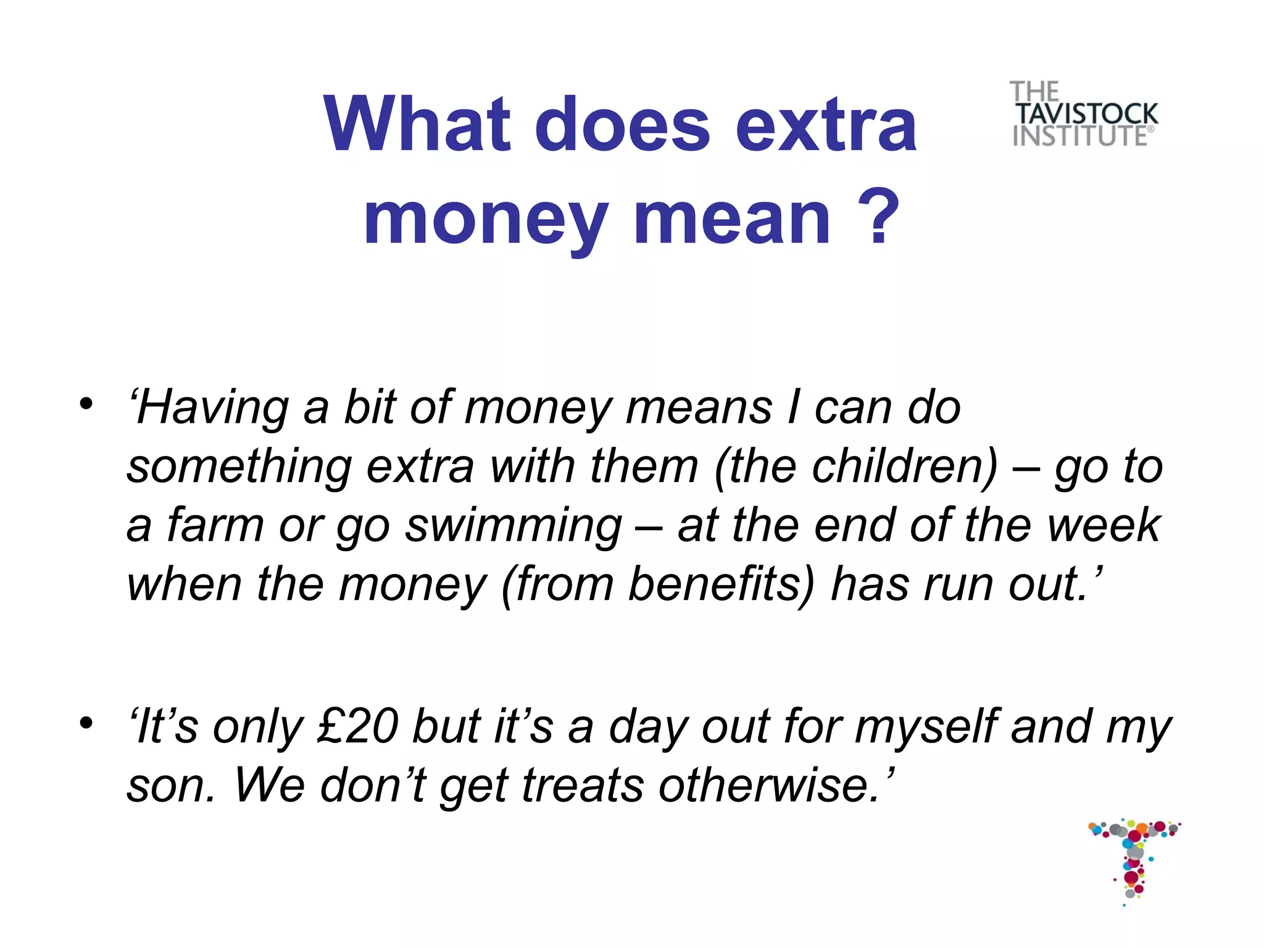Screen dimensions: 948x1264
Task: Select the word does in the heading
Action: point(622,125)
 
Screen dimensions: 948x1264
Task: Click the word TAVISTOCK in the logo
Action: point(1087,114)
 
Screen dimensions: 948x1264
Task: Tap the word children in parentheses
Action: point(904,467)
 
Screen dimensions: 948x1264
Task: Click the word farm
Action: point(215,525)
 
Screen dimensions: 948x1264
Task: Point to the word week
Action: point(1104,525)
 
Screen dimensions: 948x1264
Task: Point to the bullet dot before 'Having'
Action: point(86,405)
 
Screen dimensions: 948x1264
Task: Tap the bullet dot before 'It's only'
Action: point(86,721)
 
